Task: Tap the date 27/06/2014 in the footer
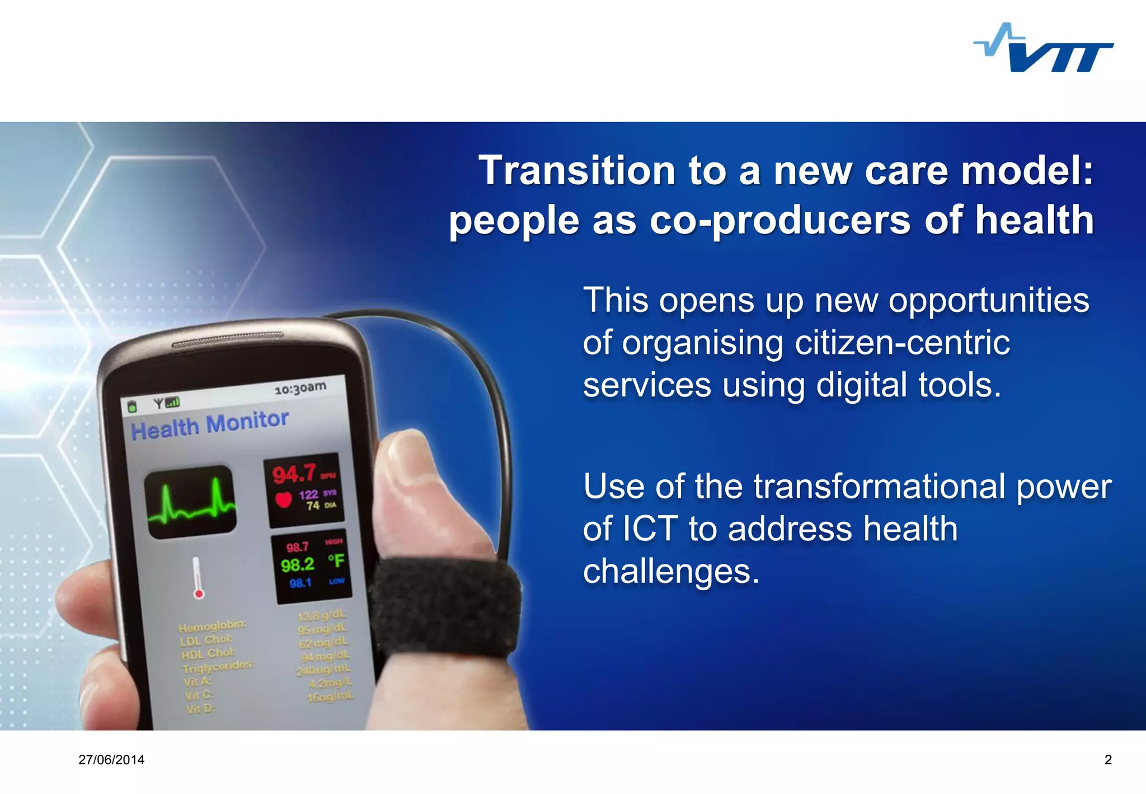111,760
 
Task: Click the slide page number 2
1108,760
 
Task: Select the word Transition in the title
576,170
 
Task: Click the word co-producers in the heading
779,220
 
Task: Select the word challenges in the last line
671,571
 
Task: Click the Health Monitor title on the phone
209,425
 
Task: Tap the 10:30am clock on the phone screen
300,388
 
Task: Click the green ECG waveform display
190,502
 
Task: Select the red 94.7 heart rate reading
294,474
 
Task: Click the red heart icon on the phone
284,499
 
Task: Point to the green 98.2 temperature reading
298,564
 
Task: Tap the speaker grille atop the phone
227,340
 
